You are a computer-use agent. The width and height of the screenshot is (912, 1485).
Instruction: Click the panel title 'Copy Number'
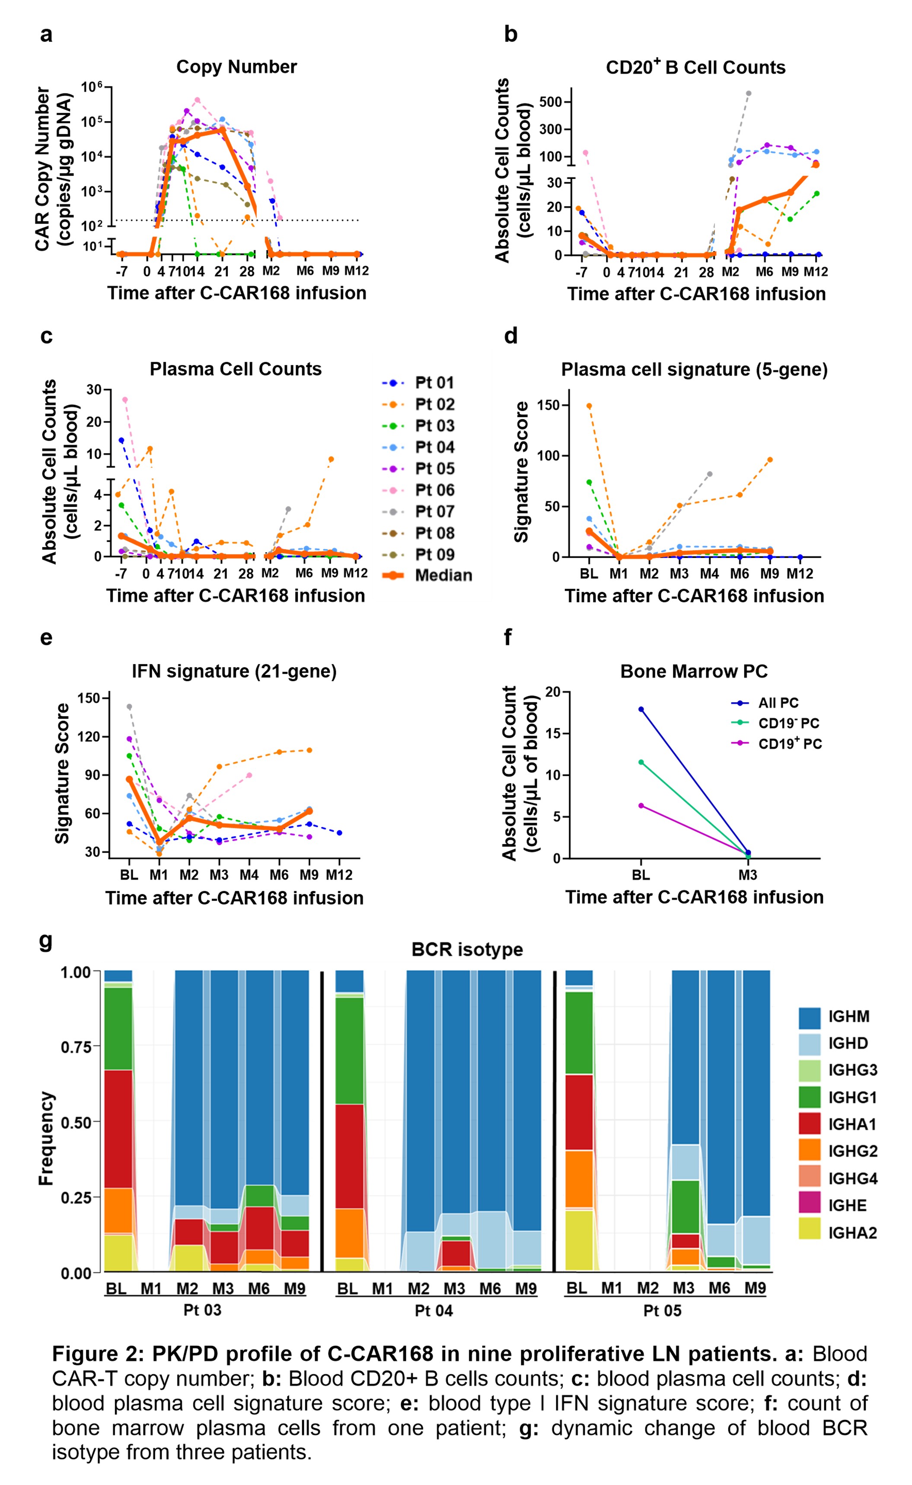tap(236, 67)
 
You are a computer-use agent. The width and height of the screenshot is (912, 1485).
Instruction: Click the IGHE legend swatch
tap(810, 1205)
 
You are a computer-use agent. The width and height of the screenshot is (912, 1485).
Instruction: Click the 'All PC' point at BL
tap(641, 709)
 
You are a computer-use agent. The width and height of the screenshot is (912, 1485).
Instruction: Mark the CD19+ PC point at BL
tap(641, 806)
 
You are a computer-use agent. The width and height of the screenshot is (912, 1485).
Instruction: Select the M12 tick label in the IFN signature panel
tap(339, 875)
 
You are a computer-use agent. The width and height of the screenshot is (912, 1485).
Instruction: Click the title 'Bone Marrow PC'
tap(694, 672)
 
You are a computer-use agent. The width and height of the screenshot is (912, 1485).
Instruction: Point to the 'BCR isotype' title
tap(467, 950)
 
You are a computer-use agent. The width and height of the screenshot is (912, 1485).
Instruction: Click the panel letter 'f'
tap(508, 637)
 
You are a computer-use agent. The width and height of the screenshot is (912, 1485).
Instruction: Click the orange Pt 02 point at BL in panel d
tap(589, 406)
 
